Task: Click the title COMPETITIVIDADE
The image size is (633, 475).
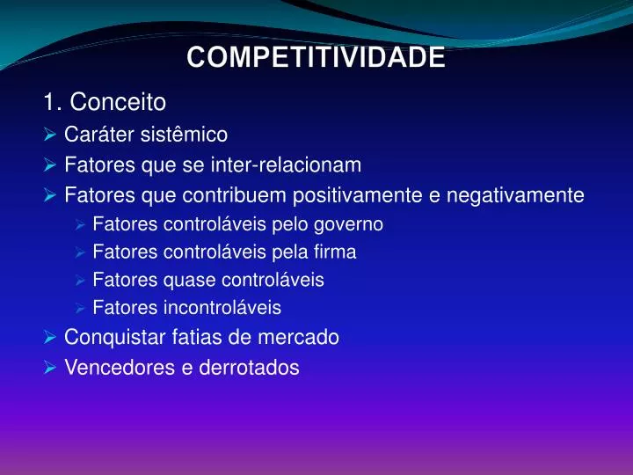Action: tap(316, 58)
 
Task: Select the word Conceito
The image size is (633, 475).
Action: tap(118, 103)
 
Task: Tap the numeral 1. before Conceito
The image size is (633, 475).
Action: tap(52, 103)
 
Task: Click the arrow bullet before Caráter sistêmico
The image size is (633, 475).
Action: tap(50, 135)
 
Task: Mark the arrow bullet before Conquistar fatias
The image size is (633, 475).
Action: tap(50, 337)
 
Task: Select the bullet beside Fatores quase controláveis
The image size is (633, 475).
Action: tap(79, 281)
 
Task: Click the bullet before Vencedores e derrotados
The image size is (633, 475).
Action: tap(50, 368)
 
